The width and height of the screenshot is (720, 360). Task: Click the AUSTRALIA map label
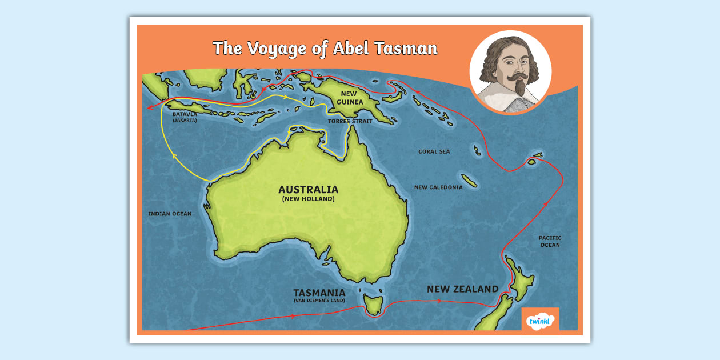308,190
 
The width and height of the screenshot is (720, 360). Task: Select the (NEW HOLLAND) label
308,199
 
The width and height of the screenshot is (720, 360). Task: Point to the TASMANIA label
319,293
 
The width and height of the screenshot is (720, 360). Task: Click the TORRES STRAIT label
350,122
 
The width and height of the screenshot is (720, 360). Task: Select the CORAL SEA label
434,151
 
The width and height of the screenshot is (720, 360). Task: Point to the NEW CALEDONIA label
438,187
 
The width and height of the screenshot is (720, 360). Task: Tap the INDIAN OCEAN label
170,214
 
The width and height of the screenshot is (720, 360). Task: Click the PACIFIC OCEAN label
550,241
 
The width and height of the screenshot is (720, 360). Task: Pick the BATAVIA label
185,114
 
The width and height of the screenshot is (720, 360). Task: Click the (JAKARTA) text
185,121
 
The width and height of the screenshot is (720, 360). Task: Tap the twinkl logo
540,320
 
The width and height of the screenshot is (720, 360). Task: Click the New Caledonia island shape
470,181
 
